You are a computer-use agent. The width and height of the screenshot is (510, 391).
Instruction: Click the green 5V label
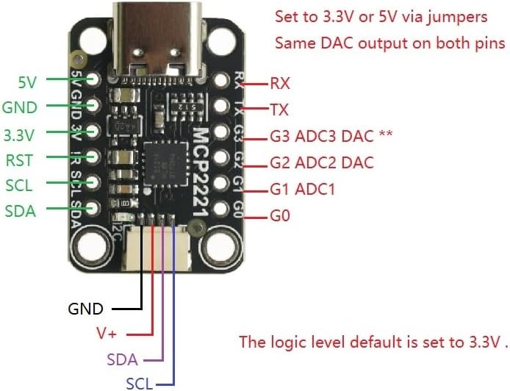(27, 82)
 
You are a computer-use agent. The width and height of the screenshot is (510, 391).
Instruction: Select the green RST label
(20, 160)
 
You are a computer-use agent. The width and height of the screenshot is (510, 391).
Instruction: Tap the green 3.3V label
(19, 135)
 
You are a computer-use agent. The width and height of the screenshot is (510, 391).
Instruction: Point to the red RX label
(280, 84)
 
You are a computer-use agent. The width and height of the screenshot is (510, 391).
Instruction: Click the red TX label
(279, 110)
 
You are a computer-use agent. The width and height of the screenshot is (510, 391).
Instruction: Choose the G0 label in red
(280, 215)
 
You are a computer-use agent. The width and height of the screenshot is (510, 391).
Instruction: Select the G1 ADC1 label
(302, 190)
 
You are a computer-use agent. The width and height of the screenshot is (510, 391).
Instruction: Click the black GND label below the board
(85, 309)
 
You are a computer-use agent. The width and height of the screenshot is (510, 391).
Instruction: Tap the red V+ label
(107, 334)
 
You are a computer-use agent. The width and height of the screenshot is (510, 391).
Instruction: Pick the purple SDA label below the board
(122, 360)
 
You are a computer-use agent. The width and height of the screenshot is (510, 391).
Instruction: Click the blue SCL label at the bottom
(139, 384)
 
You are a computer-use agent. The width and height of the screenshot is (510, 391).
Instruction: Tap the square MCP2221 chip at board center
(166, 164)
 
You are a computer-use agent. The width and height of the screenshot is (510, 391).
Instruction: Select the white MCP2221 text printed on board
(201, 172)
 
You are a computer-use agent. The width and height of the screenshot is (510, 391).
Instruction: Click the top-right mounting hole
(221, 40)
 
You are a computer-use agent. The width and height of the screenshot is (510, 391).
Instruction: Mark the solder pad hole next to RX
(221, 79)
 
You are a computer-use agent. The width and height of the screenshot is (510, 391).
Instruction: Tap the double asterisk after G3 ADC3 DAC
(386, 133)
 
